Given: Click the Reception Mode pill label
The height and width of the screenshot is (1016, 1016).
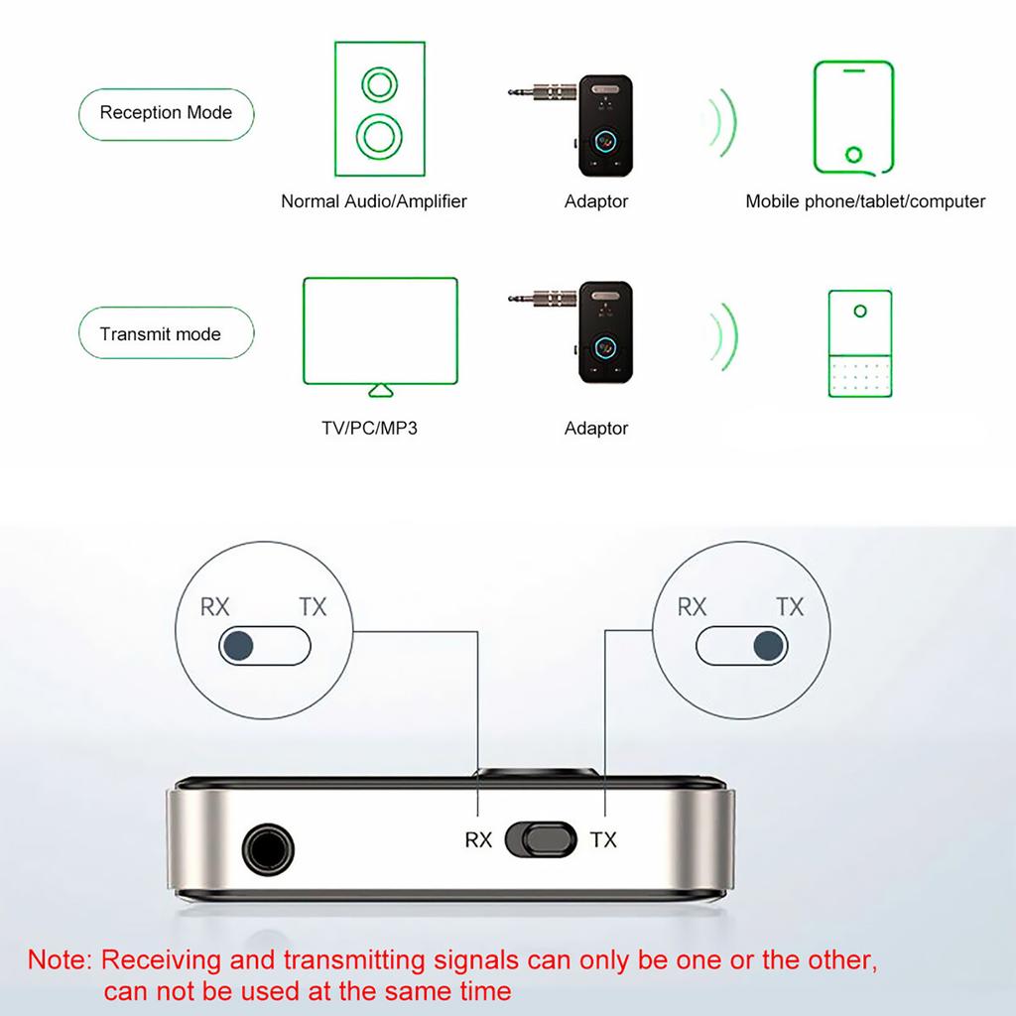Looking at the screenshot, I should pyautogui.click(x=166, y=113).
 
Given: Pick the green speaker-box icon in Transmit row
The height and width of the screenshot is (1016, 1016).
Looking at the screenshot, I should pyautogui.click(x=859, y=343).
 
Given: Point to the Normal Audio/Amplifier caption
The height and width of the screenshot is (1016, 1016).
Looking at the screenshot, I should pyautogui.click(x=373, y=201).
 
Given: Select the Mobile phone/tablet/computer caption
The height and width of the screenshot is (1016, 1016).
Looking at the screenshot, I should pyautogui.click(x=865, y=201).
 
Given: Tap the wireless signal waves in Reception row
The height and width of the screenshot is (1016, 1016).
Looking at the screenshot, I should pyautogui.click(x=722, y=124).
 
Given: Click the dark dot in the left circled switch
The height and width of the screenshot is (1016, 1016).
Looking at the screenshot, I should pyautogui.click(x=238, y=647).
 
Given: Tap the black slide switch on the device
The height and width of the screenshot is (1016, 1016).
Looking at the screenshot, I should pyautogui.click(x=541, y=838).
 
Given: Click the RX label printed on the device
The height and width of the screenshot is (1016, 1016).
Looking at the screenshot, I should pyautogui.click(x=478, y=840).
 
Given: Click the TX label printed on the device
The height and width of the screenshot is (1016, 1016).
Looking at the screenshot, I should pyautogui.click(x=603, y=840).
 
